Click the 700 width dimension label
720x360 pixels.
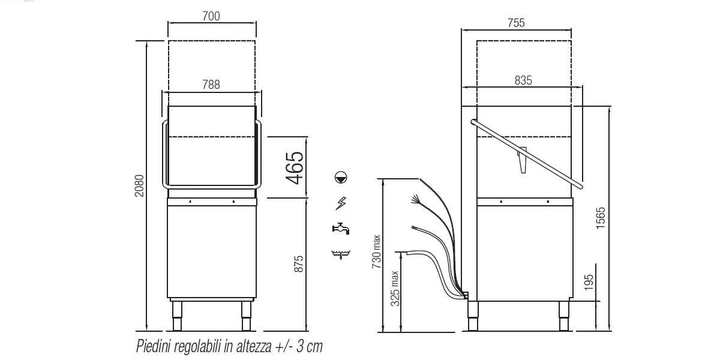(x=211, y=16)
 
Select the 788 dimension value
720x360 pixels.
(x=211, y=85)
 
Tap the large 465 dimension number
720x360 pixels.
(x=295, y=168)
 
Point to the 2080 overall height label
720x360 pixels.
(x=139, y=186)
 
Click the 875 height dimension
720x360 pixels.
(x=299, y=264)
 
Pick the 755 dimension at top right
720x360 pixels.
(x=516, y=23)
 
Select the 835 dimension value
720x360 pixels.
(x=523, y=80)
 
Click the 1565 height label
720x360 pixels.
(x=601, y=218)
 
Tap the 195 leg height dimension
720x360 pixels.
(x=589, y=283)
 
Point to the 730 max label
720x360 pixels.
(x=376, y=251)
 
